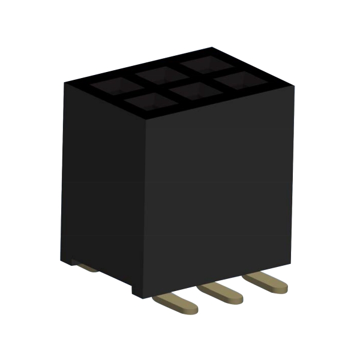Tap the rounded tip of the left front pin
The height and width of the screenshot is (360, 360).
(190, 308)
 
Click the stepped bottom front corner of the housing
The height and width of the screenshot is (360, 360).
(140, 295)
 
